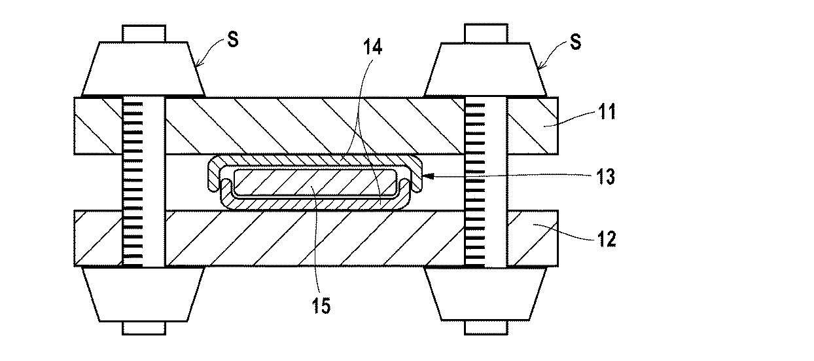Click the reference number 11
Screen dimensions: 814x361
607,112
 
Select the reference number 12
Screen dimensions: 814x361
607,239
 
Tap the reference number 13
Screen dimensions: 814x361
605,177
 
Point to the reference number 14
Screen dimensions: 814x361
373,47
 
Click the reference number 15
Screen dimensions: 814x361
321,306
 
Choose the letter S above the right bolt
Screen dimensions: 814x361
576,41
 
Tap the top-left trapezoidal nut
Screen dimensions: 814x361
143,69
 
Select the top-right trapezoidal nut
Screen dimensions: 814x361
486,70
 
